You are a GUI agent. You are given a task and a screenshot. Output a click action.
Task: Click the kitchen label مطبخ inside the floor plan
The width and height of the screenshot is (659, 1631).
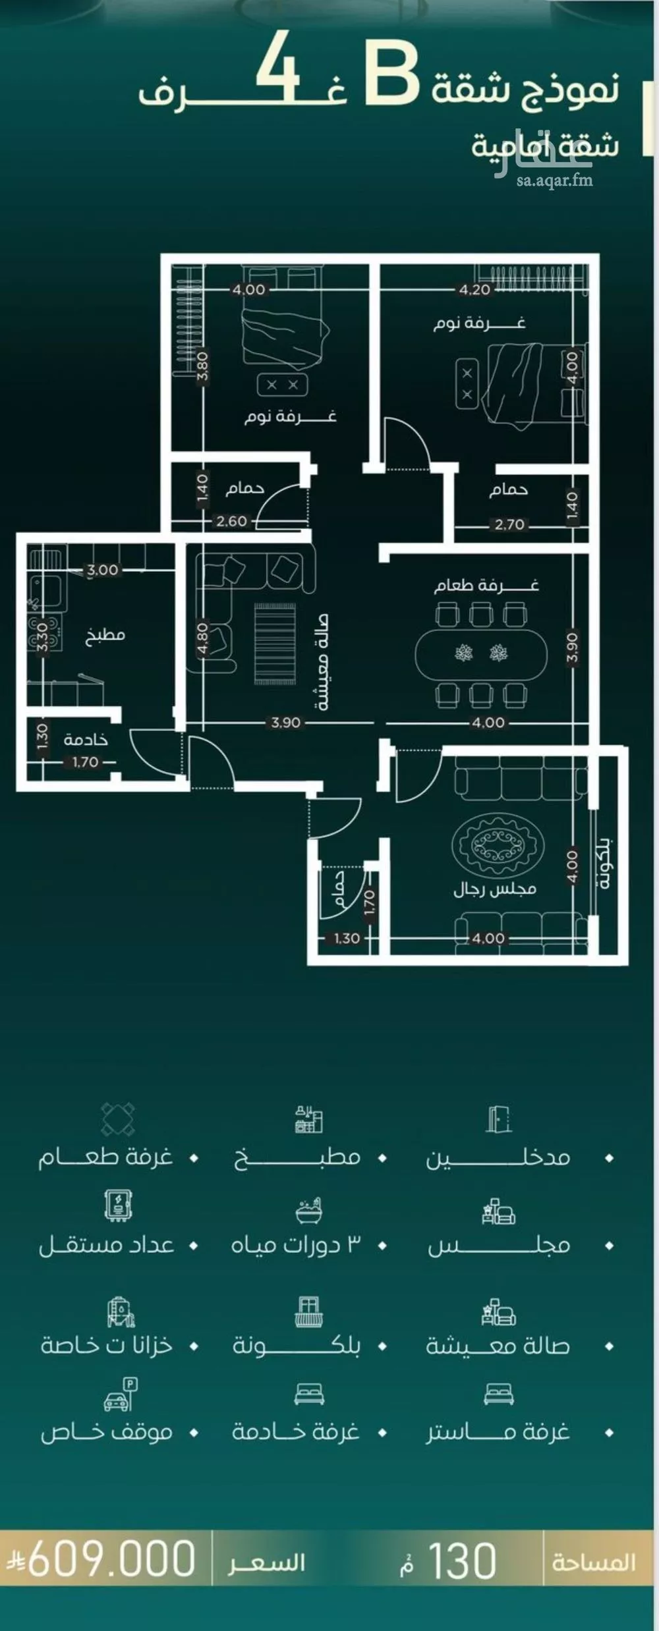coord(105,635)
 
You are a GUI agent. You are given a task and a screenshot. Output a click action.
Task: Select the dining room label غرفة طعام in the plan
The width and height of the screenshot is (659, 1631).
coord(486,585)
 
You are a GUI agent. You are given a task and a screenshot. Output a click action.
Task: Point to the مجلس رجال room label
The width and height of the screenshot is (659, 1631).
coord(494,890)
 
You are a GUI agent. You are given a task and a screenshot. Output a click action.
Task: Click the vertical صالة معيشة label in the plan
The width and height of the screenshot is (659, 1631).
coord(322,662)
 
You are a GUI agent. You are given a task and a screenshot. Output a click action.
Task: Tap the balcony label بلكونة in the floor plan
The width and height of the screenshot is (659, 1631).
coord(605,864)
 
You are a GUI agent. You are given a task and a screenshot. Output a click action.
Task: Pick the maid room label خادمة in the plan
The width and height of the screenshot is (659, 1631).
coord(86,740)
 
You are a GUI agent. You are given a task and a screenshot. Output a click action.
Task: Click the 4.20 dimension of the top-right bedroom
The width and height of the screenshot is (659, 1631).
coord(474,289)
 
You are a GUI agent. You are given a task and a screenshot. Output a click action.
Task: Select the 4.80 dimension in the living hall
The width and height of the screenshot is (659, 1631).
coord(202,638)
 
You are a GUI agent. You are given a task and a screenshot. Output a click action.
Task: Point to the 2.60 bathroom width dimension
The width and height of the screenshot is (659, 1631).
coord(232,521)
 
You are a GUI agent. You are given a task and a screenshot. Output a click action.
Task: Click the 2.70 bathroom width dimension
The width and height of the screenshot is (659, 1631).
coord(509,525)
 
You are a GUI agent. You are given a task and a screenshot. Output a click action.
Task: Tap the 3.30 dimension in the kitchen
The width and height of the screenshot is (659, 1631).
coord(42,636)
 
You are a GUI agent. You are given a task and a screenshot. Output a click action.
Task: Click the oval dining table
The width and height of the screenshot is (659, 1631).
coord(481,653)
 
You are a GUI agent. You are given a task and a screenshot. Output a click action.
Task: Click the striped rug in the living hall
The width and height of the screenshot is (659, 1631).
coord(275,644)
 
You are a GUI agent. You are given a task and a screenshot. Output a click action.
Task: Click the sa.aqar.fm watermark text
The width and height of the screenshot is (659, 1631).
coord(555,179)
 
